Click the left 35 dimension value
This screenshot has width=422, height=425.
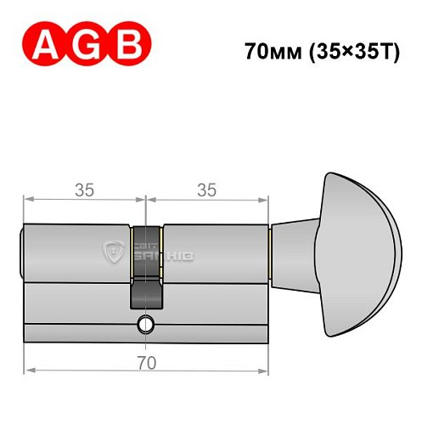coord(83,190)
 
